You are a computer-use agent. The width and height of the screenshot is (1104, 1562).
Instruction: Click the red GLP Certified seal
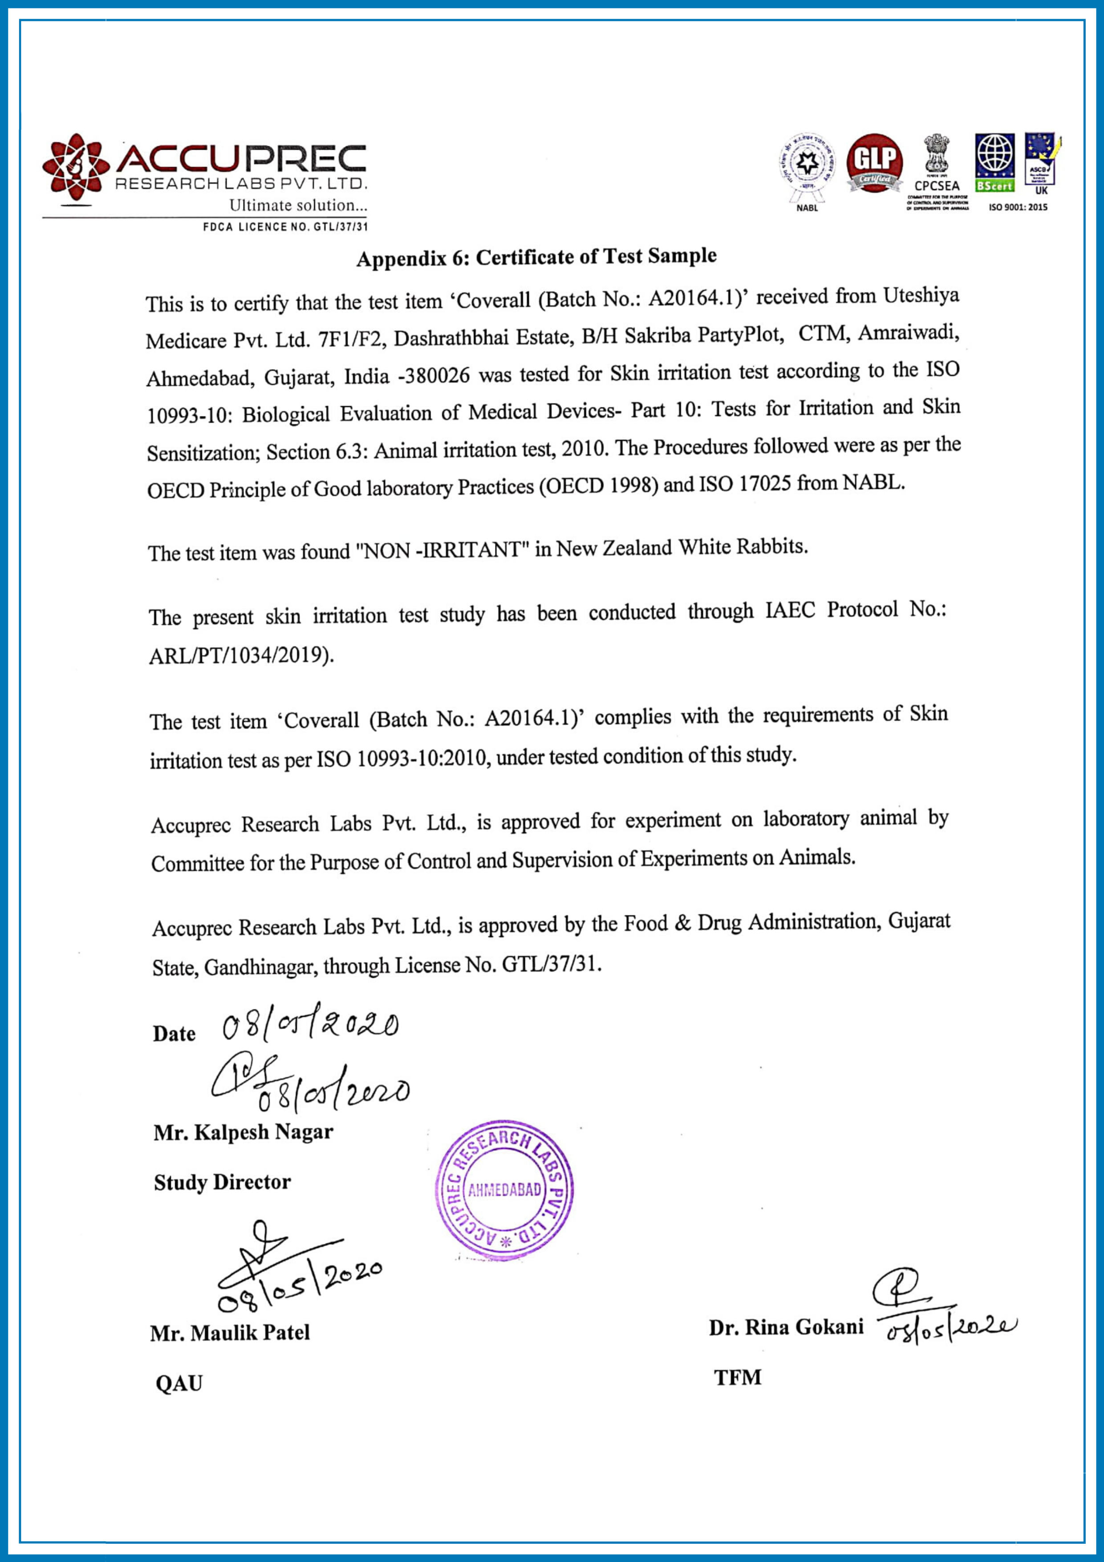pos(874,163)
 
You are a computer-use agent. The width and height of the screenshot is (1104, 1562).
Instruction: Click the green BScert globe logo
pos(994,162)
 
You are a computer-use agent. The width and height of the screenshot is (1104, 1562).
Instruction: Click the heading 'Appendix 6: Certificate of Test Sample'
pos(537,257)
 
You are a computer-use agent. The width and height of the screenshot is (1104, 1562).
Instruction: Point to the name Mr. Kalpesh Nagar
pos(243,1132)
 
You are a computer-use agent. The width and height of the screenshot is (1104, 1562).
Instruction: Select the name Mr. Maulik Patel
pos(230,1333)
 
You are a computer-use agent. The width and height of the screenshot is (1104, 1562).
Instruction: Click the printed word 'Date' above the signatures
pos(174,1033)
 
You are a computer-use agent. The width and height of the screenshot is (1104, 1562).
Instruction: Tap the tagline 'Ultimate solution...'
pos(297,205)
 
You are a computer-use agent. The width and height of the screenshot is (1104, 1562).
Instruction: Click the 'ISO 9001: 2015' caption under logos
pos(1018,207)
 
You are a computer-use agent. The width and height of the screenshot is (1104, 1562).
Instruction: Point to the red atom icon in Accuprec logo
pos(76,167)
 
